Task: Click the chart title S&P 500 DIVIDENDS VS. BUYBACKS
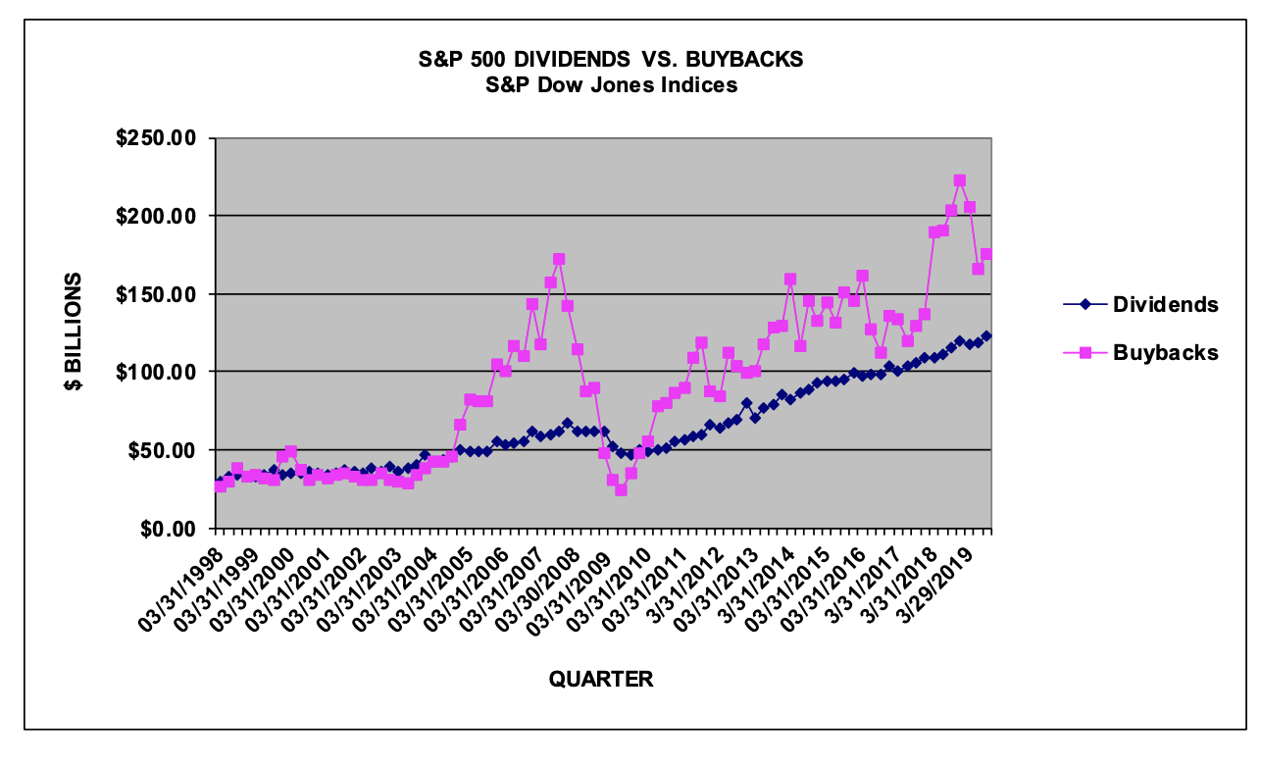pyautogui.click(x=611, y=60)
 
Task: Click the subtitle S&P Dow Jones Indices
pyautogui.click(x=611, y=85)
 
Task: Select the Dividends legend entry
pyautogui.click(x=1165, y=304)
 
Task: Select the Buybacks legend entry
pyautogui.click(x=1165, y=353)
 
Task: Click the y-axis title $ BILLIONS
pyautogui.click(x=74, y=332)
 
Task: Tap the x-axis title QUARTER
pyautogui.click(x=600, y=679)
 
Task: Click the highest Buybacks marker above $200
pyautogui.click(x=960, y=180)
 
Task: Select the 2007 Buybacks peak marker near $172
pyautogui.click(x=559, y=259)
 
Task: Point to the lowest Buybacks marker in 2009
pyautogui.click(x=621, y=489)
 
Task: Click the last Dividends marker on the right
pyautogui.click(x=986, y=335)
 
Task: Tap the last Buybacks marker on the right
pyautogui.click(x=986, y=254)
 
